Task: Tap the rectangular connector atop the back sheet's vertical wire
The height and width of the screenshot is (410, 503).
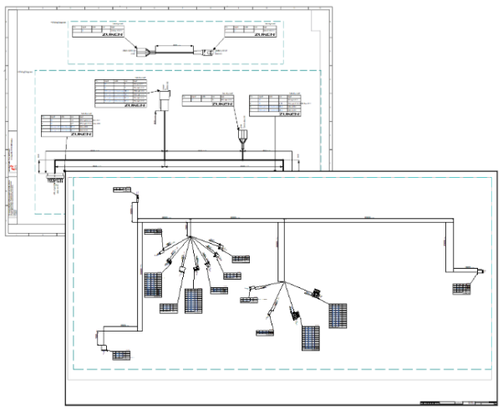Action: (x=165, y=100)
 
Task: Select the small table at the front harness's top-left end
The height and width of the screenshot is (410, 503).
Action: (x=122, y=191)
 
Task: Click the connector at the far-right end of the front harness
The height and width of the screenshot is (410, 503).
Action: (x=484, y=269)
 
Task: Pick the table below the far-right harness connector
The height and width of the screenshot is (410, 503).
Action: (x=462, y=288)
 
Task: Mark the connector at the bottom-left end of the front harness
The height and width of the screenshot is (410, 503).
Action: (x=104, y=342)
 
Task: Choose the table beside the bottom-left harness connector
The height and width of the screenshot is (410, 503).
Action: (x=123, y=355)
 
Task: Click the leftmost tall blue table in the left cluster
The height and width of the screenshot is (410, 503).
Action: (x=153, y=285)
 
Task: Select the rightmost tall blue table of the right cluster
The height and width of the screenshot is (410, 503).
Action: (x=338, y=315)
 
